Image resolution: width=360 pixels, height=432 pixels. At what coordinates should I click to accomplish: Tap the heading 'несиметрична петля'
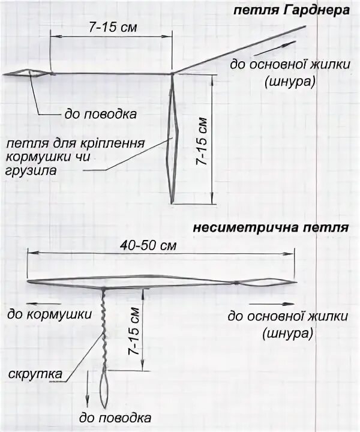[270, 229]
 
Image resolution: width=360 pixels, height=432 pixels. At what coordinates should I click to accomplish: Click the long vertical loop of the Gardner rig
[173, 138]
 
